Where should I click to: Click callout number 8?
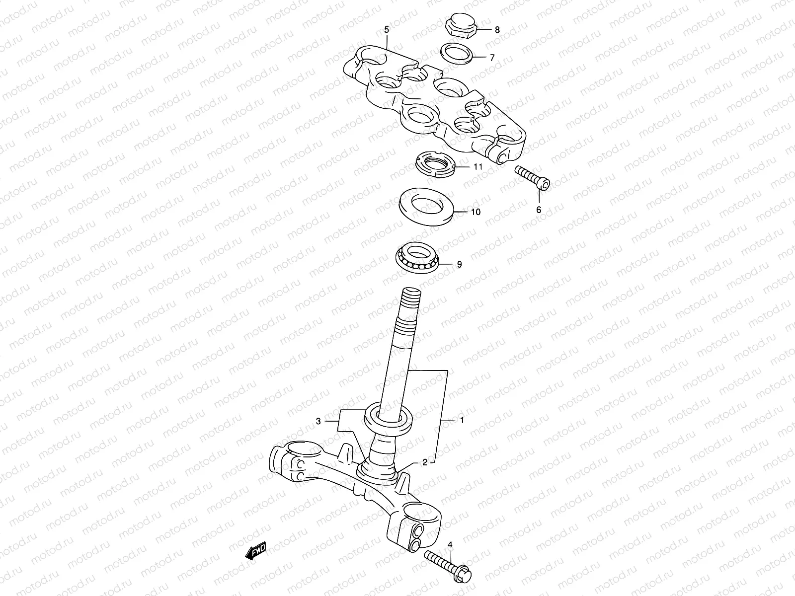point(497,30)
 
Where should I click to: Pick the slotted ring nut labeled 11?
point(435,165)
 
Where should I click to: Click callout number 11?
point(477,167)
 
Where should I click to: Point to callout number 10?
point(476,212)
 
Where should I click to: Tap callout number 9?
point(459,265)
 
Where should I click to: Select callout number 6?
point(538,210)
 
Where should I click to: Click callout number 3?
point(318,421)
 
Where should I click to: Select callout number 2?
point(424,462)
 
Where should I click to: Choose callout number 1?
point(462,420)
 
